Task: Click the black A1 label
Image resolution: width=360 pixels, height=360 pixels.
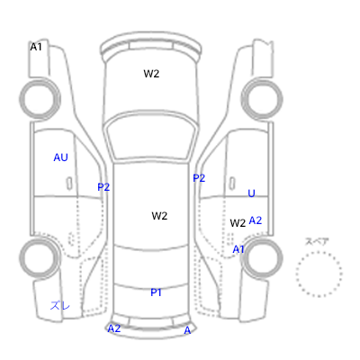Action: click(x=36, y=47)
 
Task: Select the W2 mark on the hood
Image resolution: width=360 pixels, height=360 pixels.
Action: click(x=151, y=74)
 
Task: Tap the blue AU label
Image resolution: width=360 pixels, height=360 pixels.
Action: click(x=60, y=157)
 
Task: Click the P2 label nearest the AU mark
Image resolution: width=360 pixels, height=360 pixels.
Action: click(x=103, y=187)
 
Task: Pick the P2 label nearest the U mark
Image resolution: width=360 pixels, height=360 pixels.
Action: click(x=199, y=178)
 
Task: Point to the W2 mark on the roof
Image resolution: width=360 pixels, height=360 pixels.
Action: click(x=159, y=216)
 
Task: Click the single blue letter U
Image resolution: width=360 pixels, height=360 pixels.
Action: click(x=251, y=193)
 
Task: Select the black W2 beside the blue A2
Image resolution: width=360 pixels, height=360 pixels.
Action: click(x=238, y=223)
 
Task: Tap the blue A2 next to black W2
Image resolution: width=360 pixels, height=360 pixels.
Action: click(x=256, y=220)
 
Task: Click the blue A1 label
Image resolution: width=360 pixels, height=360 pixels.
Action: click(x=238, y=249)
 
